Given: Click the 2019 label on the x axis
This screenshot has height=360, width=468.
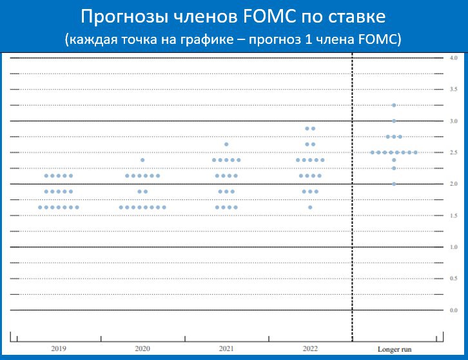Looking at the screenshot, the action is tap(59, 348).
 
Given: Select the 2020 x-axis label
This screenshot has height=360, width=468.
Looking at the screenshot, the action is tap(142, 348).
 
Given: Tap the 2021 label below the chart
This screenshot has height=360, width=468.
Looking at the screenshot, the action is tap(226, 348).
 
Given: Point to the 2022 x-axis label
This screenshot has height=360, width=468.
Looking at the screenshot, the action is tap(310, 348).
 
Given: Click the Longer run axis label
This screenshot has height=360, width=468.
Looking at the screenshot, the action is tap(395, 349).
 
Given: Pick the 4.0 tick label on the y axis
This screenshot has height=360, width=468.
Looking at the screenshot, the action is tap(453, 58).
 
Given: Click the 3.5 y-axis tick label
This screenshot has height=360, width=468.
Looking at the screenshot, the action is tap(453, 89).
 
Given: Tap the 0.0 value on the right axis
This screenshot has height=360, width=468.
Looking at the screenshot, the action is tap(453, 310).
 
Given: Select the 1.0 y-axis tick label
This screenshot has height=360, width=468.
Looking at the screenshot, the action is tap(453, 247).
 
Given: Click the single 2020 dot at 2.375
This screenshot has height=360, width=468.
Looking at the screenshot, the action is tap(142, 160).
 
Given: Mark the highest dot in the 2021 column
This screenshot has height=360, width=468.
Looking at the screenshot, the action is tap(226, 145).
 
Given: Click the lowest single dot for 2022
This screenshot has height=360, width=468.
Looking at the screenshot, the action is tap(310, 207).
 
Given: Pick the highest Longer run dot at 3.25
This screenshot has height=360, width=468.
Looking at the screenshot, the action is tap(394, 105).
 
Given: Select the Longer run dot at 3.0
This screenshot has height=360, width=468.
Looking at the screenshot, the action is tap(394, 121).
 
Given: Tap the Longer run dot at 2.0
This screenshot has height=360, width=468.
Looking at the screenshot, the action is tap(394, 184).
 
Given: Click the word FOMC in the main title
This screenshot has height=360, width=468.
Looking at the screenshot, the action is tap(270, 16).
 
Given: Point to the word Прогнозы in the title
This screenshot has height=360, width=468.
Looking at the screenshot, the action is tap(124, 17).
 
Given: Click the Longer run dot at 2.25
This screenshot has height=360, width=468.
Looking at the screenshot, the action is tap(394, 168).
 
